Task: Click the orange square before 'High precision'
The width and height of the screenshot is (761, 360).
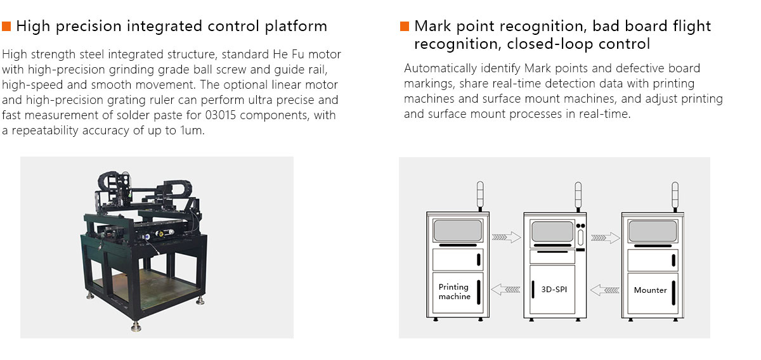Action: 7,27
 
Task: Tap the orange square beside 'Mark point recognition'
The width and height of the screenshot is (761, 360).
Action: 405,27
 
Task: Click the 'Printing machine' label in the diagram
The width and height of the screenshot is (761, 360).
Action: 454,292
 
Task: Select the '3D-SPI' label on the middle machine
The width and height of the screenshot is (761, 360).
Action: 554,290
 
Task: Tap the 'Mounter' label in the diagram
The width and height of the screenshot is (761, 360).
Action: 650,290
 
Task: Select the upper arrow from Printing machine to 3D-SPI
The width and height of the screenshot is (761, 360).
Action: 506,238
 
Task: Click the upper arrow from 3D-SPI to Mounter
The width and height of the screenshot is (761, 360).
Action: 605,238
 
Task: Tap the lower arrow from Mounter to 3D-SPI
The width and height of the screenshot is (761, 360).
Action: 604,290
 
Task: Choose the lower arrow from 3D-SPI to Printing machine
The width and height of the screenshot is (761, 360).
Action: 506,290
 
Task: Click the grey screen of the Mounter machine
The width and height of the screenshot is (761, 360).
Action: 652,231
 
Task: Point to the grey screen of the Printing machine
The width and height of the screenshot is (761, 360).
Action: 457,231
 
